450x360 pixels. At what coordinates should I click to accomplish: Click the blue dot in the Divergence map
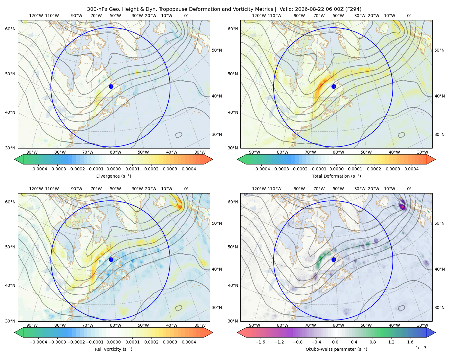click(x=111, y=86)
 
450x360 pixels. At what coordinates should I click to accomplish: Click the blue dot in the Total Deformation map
click(x=334, y=86)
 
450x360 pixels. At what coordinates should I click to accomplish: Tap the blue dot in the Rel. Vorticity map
click(x=111, y=259)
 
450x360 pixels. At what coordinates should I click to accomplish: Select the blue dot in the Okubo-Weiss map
click(x=334, y=259)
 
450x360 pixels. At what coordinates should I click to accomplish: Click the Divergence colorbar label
click(x=113, y=176)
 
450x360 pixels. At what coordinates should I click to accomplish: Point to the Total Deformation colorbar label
click(x=336, y=176)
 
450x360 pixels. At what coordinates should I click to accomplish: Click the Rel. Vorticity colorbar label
click(x=113, y=349)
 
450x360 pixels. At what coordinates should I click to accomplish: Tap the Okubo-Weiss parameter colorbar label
click(x=336, y=349)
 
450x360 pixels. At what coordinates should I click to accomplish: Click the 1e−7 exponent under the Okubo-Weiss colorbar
click(x=421, y=348)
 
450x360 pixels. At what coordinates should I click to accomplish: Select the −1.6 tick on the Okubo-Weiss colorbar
click(x=260, y=342)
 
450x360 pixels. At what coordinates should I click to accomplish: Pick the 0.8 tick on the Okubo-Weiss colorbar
click(x=373, y=342)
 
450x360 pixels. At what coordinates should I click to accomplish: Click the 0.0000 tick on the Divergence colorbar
click(x=113, y=169)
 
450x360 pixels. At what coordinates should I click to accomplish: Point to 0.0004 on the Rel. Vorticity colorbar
click(x=189, y=342)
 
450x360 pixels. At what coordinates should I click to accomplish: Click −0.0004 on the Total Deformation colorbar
click(x=261, y=169)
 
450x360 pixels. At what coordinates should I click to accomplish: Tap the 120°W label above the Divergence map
click(x=36, y=16)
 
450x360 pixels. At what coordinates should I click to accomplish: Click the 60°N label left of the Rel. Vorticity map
click(x=10, y=202)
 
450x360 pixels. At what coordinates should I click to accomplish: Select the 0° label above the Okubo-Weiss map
click(x=409, y=188)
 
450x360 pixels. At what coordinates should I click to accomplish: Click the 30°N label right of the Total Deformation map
click(x=439, y=134)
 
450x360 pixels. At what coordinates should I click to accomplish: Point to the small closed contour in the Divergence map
click(x=178, y=135)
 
